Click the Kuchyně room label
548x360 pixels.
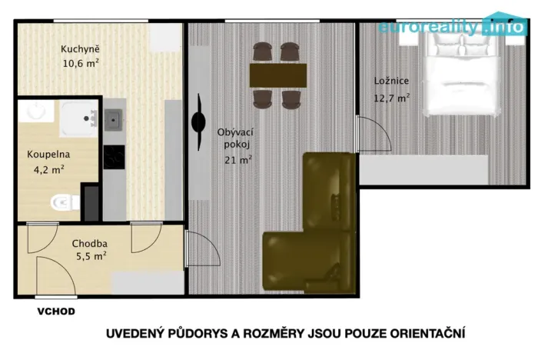[80, 49]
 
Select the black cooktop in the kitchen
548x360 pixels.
[115, 156]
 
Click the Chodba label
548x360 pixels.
[88, 244]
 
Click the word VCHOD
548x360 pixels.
[56, 312]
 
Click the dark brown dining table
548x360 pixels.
[277, 75]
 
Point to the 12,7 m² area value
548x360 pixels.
[392, 98]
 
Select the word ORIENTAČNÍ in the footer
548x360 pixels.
[420, 334]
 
